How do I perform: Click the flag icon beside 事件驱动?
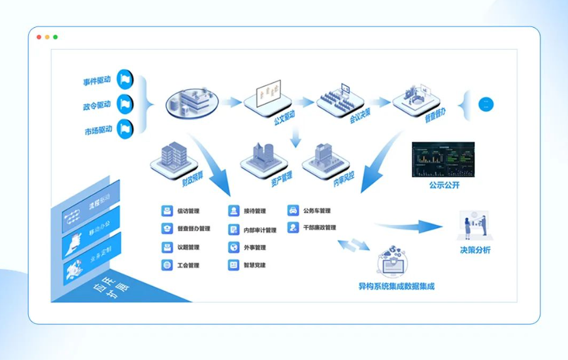pos(125,79)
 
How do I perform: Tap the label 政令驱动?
pos(97,106)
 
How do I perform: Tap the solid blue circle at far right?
pos(486,104)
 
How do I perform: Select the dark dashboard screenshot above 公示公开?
pos(443,160)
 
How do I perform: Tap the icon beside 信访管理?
pos(167,211)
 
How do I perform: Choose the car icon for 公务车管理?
pos(293,210)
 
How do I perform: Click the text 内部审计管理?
pos(259,230)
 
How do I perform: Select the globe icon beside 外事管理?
pos(233,248)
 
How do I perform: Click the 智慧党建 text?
pos(254,265)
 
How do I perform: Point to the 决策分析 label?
pos(475,250)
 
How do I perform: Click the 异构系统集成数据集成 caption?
pos(396,286)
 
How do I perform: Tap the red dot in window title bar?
pos(39,37)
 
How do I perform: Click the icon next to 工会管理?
pos(167,265)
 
